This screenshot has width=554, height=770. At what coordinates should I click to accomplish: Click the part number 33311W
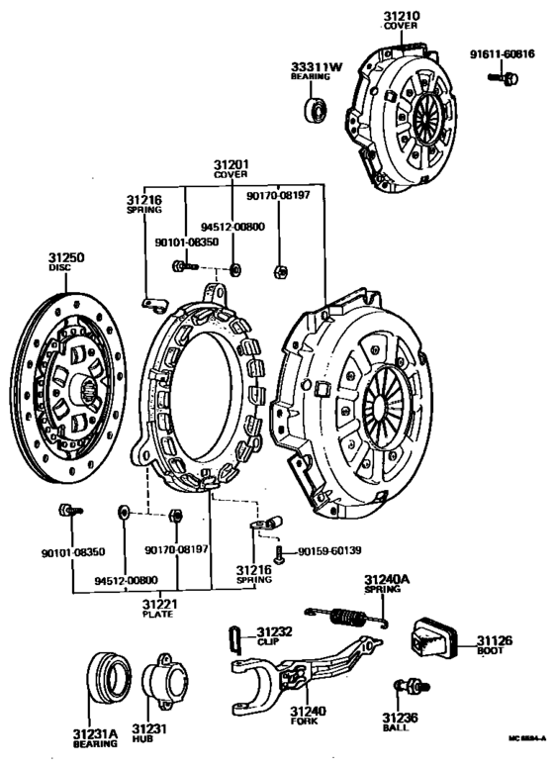[315, 67]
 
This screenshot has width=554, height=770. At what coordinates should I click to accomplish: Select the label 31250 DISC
[66, 262]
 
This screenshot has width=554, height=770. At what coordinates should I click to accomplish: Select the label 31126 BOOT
[496, 646]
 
